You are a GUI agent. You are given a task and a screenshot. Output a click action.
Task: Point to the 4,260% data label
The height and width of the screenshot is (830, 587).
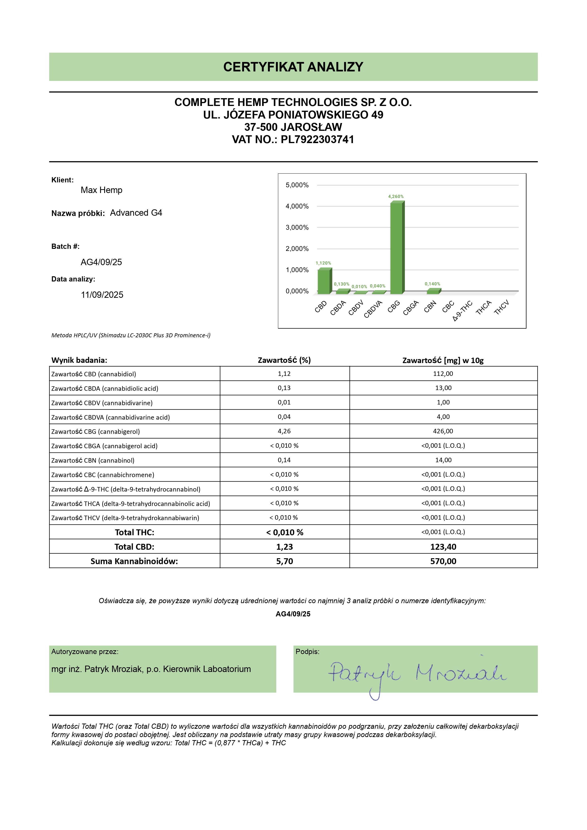(x=396, y=197)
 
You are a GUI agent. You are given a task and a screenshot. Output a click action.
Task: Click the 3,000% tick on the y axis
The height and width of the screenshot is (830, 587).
(x=297, y=227)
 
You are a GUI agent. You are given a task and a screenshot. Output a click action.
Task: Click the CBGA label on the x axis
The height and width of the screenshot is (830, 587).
(x=411, y=308)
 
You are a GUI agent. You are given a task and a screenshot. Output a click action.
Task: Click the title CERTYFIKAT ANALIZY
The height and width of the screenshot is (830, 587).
(x=293, y=67)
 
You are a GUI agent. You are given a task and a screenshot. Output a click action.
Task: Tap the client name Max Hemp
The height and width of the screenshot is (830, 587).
(x=101, y=190)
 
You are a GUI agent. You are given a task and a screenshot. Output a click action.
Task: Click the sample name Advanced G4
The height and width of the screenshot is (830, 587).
(x=136, y=213)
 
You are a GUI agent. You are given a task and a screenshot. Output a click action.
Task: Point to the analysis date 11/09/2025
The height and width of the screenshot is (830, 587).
(x=102, y=295)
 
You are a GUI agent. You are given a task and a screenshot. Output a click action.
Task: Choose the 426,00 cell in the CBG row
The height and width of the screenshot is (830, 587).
(x=443, y=431)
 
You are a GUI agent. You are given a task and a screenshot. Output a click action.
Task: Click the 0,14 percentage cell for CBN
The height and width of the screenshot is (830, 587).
(x=284, y=460)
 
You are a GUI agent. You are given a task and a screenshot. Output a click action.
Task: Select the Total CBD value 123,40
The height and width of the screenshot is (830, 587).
(x=443, y=547)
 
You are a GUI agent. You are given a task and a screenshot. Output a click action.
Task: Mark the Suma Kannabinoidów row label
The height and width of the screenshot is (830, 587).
(x=134, y=561)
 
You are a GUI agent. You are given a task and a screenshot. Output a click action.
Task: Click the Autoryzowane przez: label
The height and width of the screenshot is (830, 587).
(x=85, y=652)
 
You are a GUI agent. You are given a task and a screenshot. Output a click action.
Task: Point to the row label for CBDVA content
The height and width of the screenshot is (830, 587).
(x=110, y=417)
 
